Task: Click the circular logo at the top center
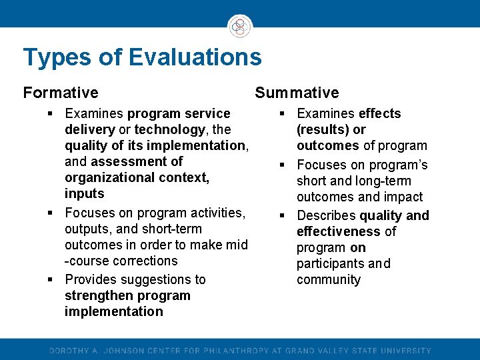point(240,27)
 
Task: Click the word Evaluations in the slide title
point(195,57)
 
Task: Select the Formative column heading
point(60,93)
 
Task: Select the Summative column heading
point(297,93)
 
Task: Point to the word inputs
point(85,193)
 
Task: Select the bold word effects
point(379,113)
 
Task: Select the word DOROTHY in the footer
point(69,351)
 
